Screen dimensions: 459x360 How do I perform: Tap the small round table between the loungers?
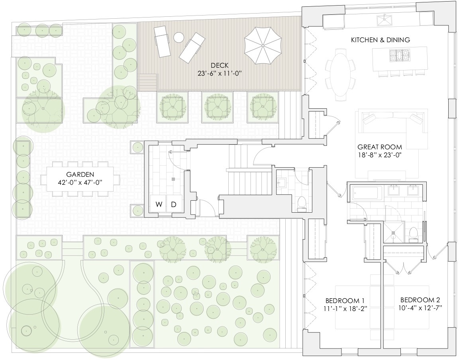pos(178,37)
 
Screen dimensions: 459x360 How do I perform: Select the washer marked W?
pos(159,205)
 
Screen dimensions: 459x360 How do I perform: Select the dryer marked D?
pos(174,205)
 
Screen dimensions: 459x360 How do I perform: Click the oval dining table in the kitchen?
pos(341,73)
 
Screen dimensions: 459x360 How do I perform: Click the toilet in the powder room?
pos(302,203)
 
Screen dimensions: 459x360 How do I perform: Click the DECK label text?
pos(220,66)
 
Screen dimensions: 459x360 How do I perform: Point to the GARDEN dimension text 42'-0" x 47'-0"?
pos(80,183)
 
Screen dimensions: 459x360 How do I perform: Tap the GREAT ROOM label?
pos(379,147)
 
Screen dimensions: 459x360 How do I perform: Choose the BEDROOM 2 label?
pos(420,300)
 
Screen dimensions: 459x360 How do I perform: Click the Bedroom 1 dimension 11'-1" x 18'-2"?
pos(345,308)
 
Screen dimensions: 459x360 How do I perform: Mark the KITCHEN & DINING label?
pos(380,40)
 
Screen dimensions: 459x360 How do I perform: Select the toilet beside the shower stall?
pos(413,234)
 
